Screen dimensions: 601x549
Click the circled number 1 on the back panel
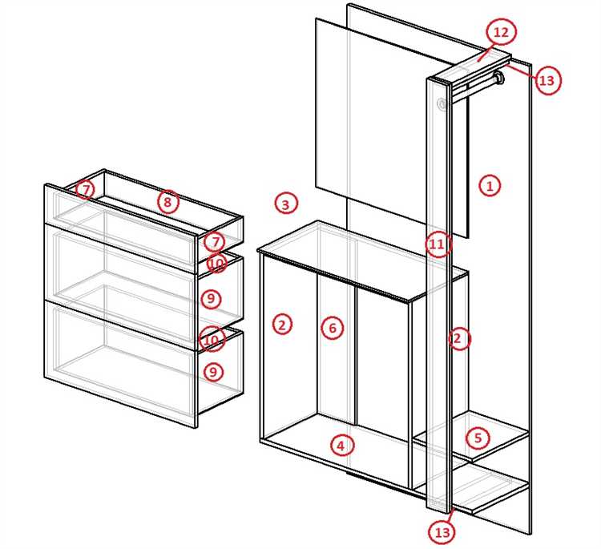pos(490,186)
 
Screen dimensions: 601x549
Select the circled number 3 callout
pos(285,204)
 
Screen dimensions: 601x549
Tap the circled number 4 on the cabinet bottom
pos(341,446)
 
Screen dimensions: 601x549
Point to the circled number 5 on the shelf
pos(478,438)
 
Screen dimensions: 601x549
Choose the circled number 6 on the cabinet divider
pos(333,328)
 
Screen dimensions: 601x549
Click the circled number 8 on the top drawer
pos(167,202)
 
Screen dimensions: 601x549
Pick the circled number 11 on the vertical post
pos(437,244)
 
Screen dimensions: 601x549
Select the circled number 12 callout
pos(501,32)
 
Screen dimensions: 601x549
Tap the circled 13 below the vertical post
pos(442,531)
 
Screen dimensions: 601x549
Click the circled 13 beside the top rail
pos(547,80)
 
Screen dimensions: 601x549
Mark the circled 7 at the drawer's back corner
pos(86,189)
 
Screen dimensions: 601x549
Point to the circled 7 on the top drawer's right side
pos(216,242)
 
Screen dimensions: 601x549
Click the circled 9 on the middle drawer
pos(212,299)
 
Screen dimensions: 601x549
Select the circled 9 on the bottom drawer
pos(213,372)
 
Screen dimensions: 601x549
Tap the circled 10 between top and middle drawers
pos(217,264)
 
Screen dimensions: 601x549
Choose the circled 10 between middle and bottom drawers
pos(212,339)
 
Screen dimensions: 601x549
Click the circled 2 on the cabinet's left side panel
pos(283,325)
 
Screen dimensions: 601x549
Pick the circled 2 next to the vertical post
pos(459,338)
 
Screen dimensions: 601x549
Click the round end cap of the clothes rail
pos(499,78)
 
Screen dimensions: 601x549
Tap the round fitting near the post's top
pos(442,104)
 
